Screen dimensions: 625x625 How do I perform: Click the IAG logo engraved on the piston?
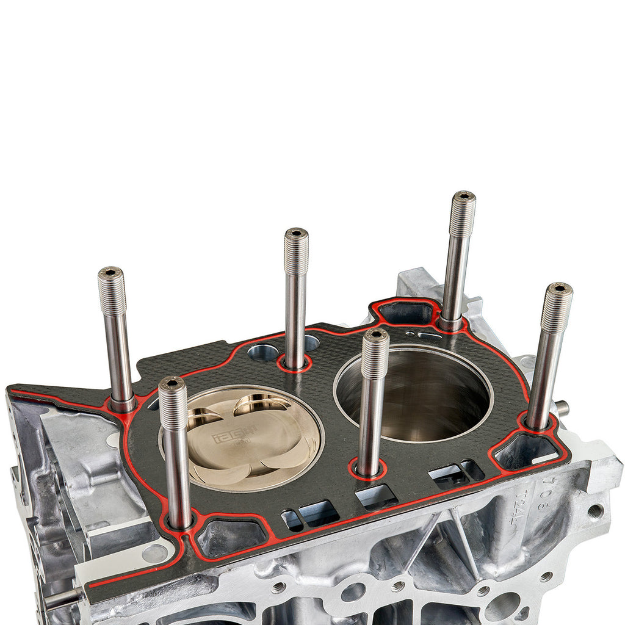225,437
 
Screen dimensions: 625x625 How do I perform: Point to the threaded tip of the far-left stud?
112,290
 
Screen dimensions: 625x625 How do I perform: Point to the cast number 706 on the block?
545,488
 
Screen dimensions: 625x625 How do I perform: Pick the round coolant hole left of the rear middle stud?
263,352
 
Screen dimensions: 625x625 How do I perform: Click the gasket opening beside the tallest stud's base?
406,313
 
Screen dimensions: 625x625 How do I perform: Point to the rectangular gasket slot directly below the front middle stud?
376,496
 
